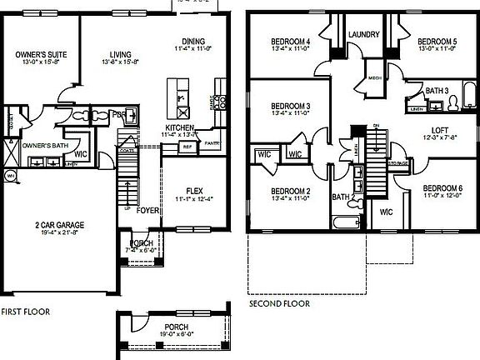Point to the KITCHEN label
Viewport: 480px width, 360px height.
180,127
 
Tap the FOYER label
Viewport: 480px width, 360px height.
148,211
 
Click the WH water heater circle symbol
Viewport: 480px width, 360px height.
12,177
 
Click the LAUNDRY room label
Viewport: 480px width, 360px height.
364,34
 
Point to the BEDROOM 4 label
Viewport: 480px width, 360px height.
291,42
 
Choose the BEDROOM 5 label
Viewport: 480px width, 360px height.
437,42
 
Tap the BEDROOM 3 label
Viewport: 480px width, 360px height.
291,106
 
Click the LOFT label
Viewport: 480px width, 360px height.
440,130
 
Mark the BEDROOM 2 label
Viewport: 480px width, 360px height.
291,191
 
